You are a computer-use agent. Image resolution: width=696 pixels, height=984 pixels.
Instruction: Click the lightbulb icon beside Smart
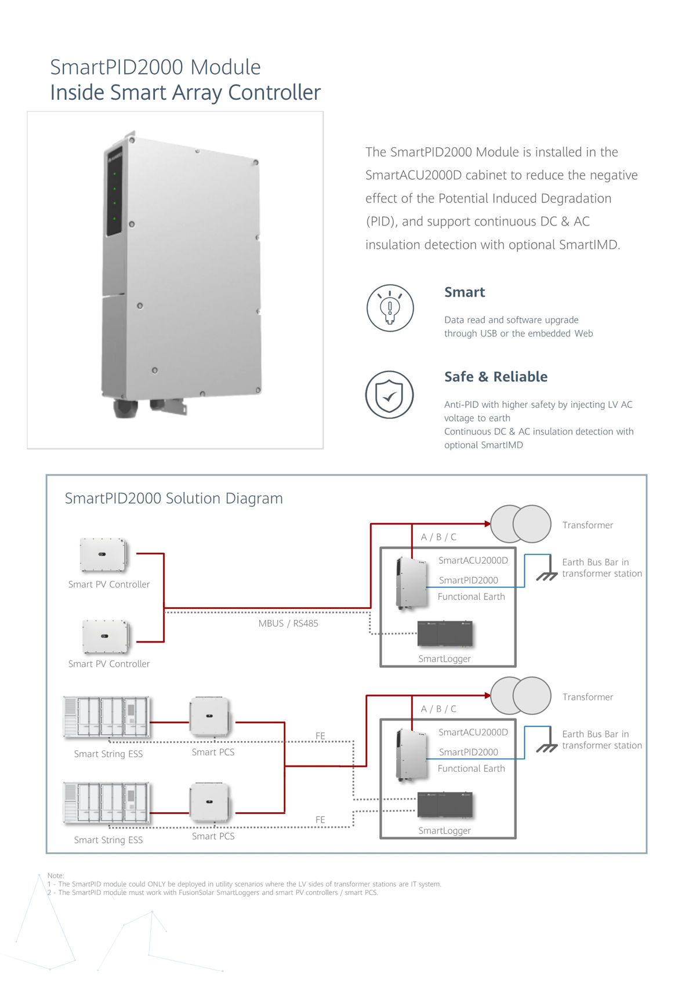390,308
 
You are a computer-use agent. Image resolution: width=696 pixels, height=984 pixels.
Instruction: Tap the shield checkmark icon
389,394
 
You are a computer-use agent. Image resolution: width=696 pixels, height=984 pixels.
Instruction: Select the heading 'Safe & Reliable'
496,377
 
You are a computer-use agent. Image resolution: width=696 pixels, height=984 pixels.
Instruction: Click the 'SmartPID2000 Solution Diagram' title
173,499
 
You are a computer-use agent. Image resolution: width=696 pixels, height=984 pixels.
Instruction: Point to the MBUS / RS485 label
288,623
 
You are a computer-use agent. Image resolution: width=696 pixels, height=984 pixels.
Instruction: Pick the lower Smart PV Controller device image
106,636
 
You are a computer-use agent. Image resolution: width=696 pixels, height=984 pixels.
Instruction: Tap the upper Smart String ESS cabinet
106,717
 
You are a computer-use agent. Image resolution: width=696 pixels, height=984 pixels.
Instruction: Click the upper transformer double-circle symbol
521,524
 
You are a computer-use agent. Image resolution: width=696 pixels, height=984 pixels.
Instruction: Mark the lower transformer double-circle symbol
521,695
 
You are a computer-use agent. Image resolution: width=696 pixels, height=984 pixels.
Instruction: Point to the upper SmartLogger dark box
445,634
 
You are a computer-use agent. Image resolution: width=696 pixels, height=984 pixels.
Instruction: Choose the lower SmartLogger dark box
445,805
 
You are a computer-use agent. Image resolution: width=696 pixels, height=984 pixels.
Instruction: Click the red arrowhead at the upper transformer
487,524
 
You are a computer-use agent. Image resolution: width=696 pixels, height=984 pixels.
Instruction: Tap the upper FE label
320,736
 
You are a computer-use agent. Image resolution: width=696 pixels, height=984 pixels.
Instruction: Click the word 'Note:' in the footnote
56,876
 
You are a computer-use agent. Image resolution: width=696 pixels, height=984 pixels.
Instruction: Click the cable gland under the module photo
126,408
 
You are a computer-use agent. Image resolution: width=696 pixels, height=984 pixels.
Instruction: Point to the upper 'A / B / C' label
438,538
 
